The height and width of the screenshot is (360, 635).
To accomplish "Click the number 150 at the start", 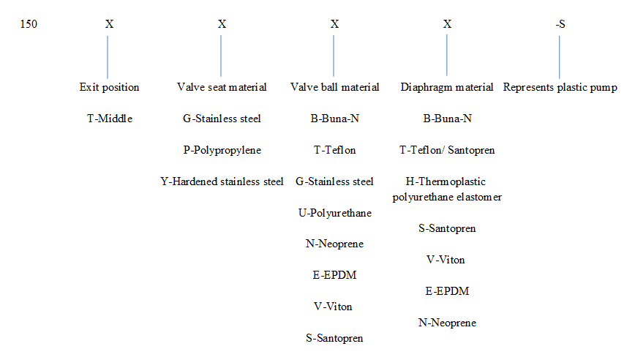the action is [29, 24].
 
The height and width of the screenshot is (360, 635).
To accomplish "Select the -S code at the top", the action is [560, 24].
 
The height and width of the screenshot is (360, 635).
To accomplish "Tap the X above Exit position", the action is [109, 24].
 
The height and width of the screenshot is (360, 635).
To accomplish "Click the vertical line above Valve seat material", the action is [221, 56].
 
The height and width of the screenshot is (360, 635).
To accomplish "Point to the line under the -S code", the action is [559, 57].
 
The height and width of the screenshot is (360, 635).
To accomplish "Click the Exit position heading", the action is [109, 88].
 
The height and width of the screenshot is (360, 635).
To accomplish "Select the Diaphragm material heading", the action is [447, 88].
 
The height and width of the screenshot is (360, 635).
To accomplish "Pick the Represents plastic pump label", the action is [560, 88].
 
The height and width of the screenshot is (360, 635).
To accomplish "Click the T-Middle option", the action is [110, 119].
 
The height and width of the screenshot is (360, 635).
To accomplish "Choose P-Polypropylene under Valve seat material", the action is [222, 150].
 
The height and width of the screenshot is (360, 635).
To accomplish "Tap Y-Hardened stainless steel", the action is [222, 181].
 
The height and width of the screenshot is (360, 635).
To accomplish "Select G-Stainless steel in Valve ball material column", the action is [334, 181].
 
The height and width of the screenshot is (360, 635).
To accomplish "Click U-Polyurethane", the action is [335, 213].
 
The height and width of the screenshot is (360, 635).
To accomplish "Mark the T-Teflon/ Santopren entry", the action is [447, 150].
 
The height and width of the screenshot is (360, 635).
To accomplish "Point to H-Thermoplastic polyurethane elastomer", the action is [447, 190].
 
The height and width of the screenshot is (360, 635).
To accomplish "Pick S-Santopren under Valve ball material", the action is [334, 338].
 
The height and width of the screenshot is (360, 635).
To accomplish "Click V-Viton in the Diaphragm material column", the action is [446, 260].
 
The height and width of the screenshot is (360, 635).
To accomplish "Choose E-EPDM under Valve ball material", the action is [334, 275].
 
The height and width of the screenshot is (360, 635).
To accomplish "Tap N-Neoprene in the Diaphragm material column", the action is [447, 323].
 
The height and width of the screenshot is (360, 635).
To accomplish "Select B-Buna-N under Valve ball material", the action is [334, 119].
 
